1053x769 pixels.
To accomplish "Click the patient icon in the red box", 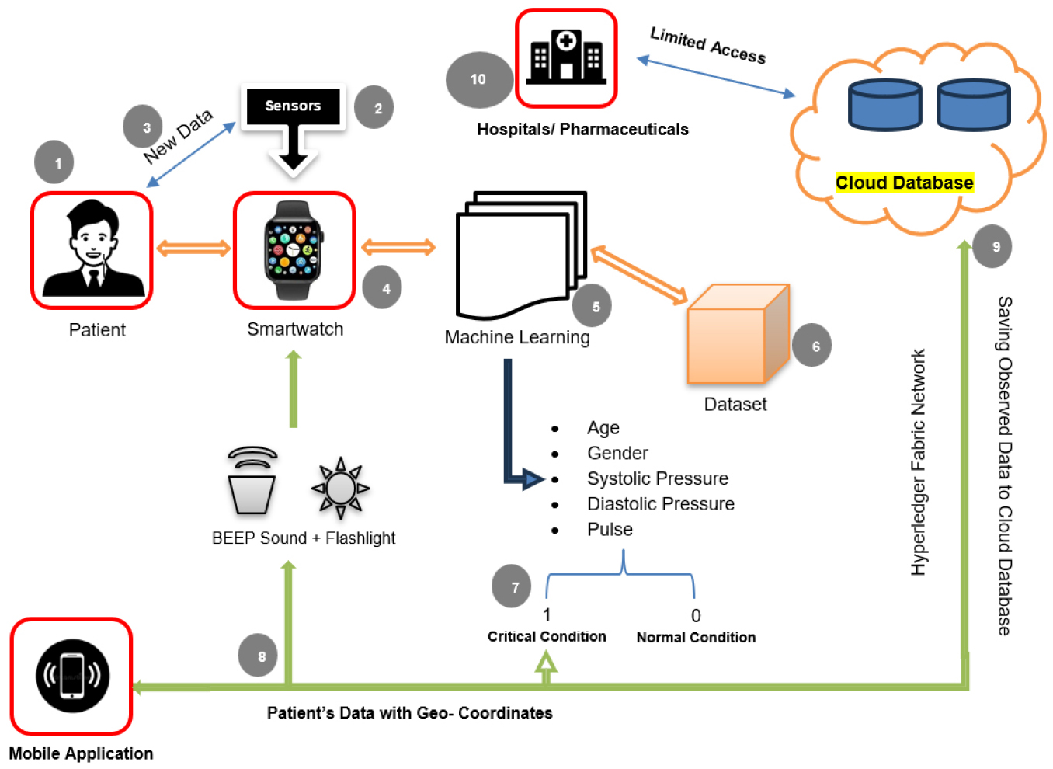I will (92, 250).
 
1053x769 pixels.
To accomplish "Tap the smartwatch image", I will (294, 250).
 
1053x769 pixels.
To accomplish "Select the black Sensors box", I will (293, 106).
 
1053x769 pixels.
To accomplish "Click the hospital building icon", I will (566, 57).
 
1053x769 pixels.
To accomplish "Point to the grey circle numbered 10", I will (478, 79).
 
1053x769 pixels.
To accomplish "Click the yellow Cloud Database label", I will (904, 183).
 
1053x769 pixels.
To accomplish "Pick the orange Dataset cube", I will (737, 336).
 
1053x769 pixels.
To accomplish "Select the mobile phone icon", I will (72, 676).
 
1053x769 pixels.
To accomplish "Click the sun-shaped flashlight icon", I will (340, 489).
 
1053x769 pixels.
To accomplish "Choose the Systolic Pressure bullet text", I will (657, 478).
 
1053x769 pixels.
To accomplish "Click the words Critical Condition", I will (547, 637).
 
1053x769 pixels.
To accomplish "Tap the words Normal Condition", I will (696, 638).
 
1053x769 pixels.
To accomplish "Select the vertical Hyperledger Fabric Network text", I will (919, 462).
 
